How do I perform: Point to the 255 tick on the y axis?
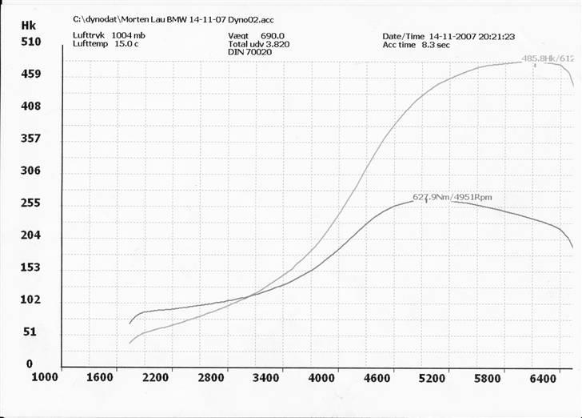[30, 203]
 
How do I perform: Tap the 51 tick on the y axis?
[30, 332]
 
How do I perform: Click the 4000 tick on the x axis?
[322, 377]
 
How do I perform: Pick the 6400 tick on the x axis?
[543, 377]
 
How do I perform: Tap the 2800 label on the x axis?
[212, 377]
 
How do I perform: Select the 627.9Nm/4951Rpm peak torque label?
[456, 196]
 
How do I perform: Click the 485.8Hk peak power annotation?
[549, 58]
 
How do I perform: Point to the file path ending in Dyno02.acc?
[173, 18]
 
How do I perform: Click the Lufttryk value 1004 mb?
[129, 36]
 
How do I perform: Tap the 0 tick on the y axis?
[30, 364]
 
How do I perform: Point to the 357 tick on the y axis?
[30, 139]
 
